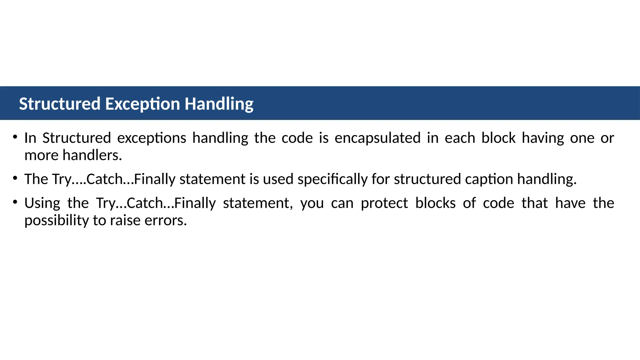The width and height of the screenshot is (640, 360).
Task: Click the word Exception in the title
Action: click(142, 104)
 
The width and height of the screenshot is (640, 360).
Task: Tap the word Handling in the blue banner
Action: click(219, 104)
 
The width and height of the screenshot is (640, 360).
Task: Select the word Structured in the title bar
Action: click(60, 104)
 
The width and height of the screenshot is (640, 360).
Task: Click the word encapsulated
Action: click(377, 138)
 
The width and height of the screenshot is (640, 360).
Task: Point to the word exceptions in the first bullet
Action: click(152, 138)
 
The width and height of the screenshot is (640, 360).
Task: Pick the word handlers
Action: click(92, 155)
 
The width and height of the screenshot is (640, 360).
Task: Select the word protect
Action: click(384, 203)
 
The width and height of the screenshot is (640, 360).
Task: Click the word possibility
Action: click(57, 221)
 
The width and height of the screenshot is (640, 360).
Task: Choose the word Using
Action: click(42, 203)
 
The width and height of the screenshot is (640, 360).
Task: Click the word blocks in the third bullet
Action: click(435, 203)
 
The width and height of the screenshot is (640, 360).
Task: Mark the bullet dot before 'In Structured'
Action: click(15, 137)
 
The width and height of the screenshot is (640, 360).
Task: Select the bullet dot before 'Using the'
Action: click(15, 202)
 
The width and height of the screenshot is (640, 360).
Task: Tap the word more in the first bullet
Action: click(41, 155)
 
